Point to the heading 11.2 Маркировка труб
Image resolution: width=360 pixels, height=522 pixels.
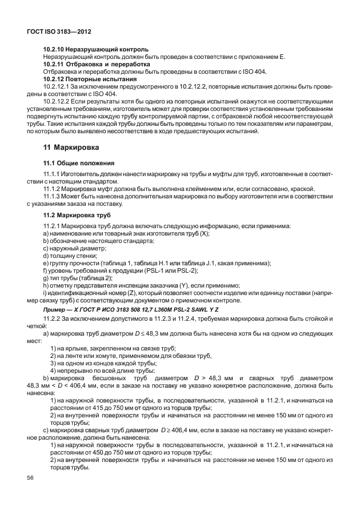point(78,214)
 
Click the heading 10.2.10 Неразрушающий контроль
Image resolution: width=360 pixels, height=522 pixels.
point(96,49)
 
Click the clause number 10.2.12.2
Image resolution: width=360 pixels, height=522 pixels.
point(60,101)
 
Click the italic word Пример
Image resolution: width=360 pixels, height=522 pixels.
point(56,309)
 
